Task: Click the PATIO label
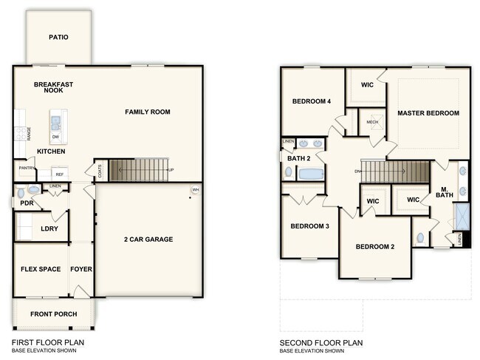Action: [58, 36]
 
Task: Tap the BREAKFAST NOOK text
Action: [53, 88]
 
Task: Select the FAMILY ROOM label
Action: [147, 112]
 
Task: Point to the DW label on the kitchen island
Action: [56, 137]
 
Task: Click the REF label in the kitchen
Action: [59, 174]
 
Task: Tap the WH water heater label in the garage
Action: [195, 190]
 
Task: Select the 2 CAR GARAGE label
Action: [148, 239]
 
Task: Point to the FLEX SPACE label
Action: [40, 269]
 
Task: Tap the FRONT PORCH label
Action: [53, 314]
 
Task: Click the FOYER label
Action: [81, 269]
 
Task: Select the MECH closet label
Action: [372, 123]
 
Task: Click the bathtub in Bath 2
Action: [310, 174]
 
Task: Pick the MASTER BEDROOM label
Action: [428, 113]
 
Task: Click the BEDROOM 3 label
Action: [309, 226]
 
